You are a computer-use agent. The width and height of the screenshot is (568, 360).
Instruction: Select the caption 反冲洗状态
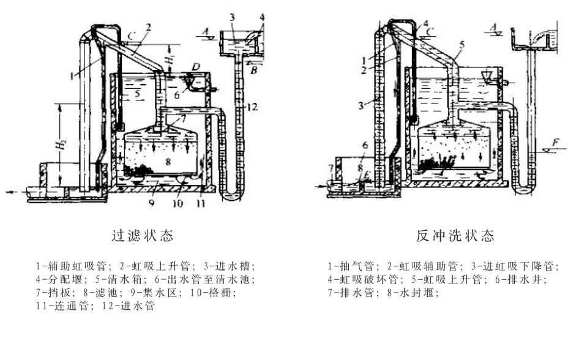455,235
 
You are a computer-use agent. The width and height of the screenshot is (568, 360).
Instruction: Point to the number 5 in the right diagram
463,44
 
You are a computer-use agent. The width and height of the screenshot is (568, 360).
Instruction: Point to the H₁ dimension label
174,61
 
